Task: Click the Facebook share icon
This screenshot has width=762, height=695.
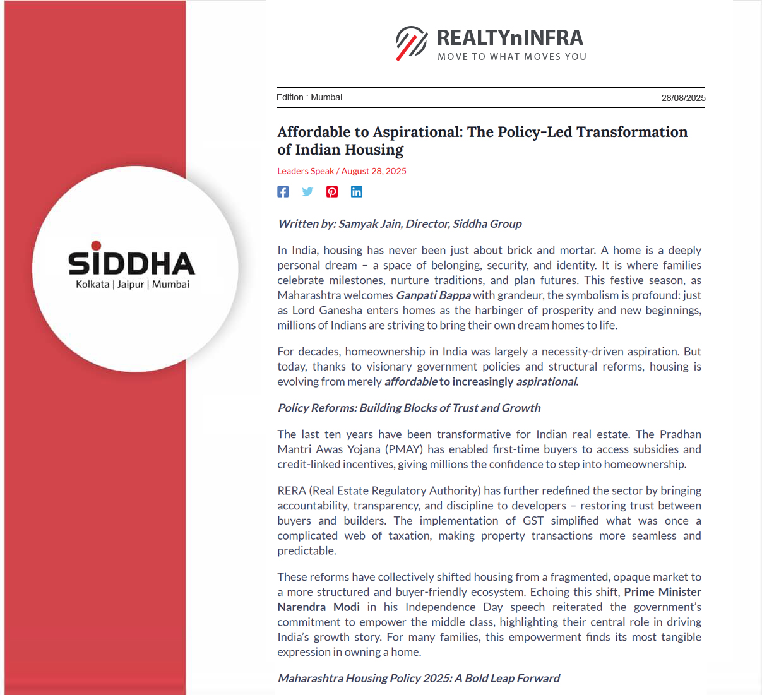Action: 283,192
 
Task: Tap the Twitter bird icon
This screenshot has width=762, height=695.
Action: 307,192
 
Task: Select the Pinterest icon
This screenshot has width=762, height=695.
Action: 332,192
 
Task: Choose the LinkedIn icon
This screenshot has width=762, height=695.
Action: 357,192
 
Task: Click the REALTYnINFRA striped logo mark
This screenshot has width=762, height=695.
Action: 412,43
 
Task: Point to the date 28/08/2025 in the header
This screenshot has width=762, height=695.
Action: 683,98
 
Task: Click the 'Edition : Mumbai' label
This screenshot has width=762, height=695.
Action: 309,97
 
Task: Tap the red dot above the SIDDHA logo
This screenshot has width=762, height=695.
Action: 96,246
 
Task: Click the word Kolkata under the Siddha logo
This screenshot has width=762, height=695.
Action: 92,284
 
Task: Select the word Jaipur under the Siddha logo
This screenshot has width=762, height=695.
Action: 131,284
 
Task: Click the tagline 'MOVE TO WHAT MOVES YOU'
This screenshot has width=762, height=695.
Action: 512,57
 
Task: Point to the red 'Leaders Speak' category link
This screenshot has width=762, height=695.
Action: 306,171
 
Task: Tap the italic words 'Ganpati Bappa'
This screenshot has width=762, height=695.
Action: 433,295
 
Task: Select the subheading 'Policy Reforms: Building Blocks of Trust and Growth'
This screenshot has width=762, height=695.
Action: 409,408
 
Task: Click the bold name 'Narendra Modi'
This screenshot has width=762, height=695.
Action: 319,607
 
